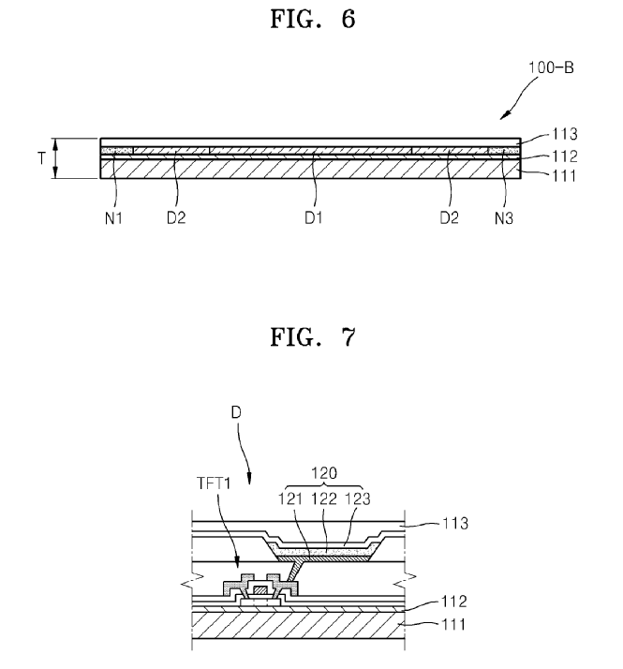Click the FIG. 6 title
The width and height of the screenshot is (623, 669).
(311, 21)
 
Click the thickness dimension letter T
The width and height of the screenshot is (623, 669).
(41, 158)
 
